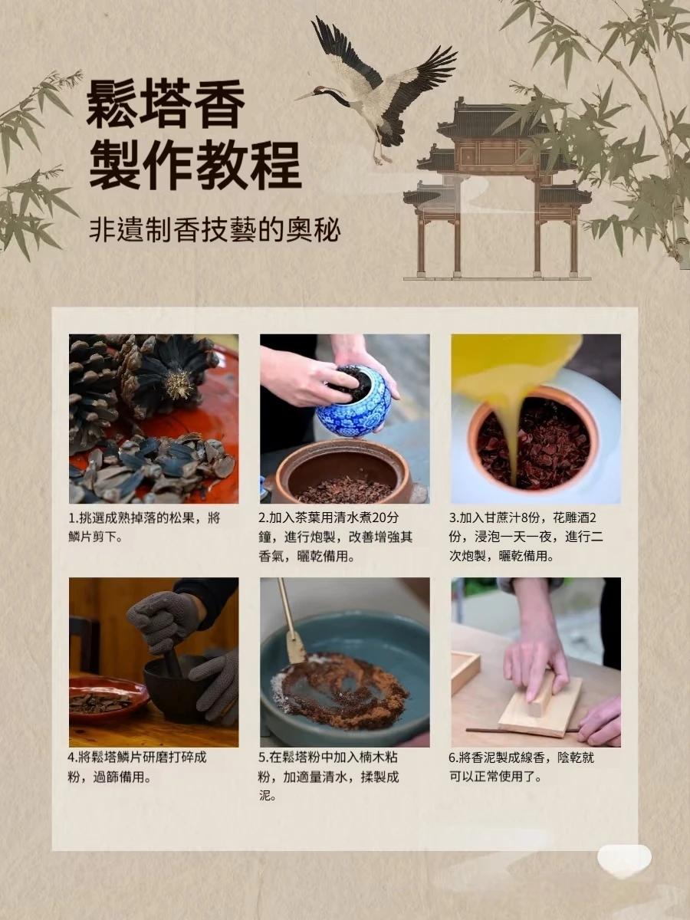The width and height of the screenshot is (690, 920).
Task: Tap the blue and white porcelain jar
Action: pos(353,402)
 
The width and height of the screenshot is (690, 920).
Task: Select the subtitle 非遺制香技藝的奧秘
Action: pos(215,229)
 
